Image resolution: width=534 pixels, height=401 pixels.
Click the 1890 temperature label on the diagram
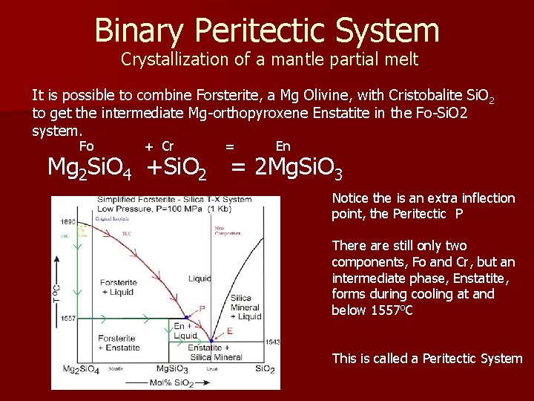(x=69, y=222)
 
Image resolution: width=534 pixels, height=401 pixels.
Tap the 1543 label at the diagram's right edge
(x=273, y=342)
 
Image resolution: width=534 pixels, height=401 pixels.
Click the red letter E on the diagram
(x=229, y=330)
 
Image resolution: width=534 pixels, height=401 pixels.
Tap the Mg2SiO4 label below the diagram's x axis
(x=82, y=369)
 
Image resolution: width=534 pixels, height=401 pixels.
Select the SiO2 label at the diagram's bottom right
(x=265, y=369)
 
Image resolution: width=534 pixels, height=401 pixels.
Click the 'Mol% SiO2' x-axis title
(x=172, y=382)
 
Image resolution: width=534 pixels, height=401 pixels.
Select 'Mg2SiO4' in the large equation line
(x=89, y=169)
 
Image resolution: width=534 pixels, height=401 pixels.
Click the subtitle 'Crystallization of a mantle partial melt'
(x=270, y=59)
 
